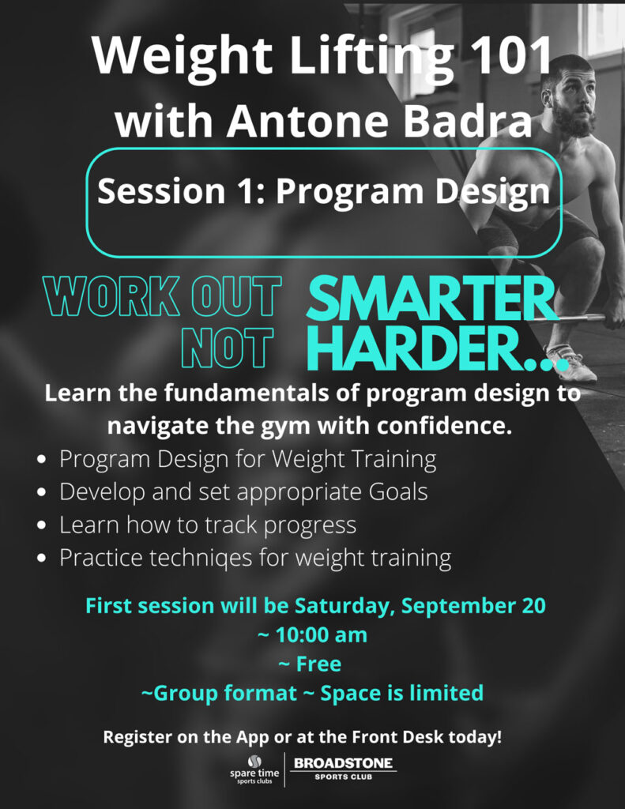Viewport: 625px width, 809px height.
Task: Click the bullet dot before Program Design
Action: click(x=43, y=459)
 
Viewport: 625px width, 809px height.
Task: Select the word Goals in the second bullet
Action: click(x=398, y=491)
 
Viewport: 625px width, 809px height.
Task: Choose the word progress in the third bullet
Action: click(x=310, y=526)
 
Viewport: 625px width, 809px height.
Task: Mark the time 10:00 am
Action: click(x=312, y=634)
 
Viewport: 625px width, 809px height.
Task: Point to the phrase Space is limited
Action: click(x=401, y=693)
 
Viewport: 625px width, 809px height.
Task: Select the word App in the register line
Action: click(x=252, y=738)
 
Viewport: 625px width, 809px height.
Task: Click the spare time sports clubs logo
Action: click(x=254, y=769)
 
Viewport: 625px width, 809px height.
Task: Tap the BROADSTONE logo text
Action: click(x=343, y=763)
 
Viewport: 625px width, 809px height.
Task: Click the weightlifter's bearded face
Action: click(x=574, y=103)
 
